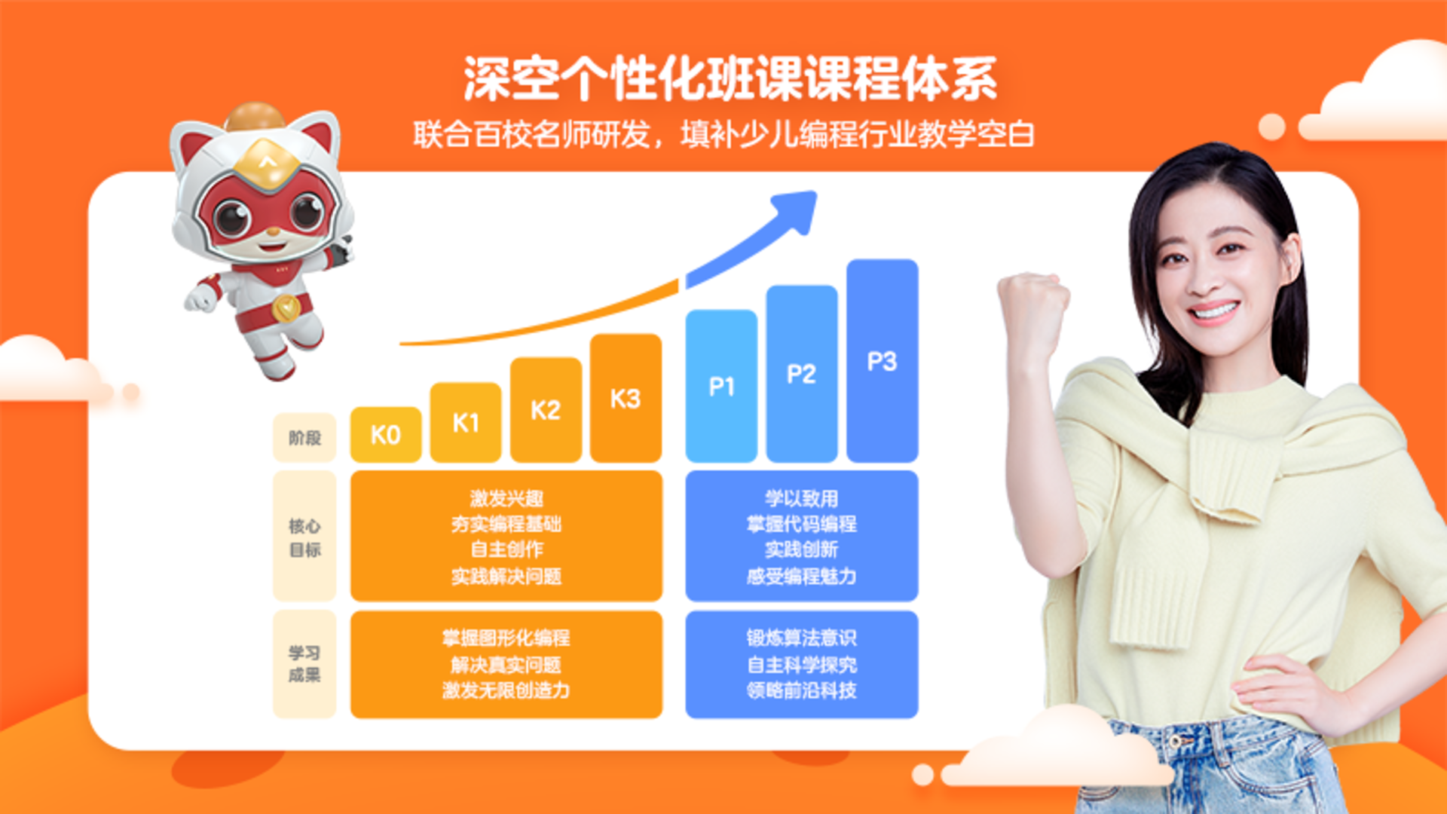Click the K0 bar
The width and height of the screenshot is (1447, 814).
(386, 435)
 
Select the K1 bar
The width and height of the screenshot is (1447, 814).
(466, 422)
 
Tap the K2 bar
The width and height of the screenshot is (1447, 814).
(546, 410)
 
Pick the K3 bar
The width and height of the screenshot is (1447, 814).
(626, 398)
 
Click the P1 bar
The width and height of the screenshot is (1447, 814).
(721, 386)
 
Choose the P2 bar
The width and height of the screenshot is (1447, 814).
(802, 374)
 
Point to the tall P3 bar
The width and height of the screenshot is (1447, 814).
(883, 361)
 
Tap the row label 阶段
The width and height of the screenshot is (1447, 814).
(304, 438)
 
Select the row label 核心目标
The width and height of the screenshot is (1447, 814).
(304, 537)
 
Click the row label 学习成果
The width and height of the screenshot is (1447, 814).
(304, 664)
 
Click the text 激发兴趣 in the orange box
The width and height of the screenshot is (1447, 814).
(506, 498)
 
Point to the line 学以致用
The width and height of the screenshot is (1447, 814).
(802, 498)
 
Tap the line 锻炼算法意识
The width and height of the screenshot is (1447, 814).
(802, 638)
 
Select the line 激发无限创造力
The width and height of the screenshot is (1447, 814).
(506, 690)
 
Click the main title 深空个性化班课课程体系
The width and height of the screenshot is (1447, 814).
(730, 78)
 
